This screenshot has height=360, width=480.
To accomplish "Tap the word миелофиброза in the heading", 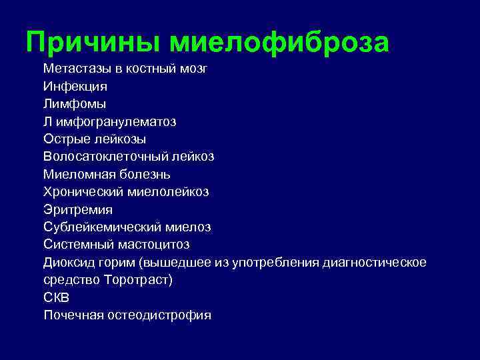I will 279,43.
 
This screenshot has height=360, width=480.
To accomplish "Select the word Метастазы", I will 74,69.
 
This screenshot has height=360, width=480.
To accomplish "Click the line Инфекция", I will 75,87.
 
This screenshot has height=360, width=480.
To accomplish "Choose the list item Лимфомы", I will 75,104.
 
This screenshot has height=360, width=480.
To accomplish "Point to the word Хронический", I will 82,192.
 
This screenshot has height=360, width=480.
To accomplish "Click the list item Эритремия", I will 77,209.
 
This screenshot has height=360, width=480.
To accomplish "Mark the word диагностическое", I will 374,262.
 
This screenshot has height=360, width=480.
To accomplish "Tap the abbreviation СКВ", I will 57,297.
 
